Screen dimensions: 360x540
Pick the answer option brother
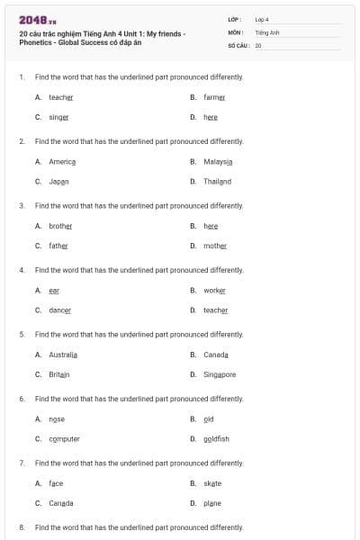tap(60, 226)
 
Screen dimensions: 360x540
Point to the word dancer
tap(59, 310)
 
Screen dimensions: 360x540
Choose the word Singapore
tap(220, 374)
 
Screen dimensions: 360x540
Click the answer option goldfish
tap(216, 438)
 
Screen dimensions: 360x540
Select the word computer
tap(64, 438)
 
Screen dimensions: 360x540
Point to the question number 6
tap(22, 398)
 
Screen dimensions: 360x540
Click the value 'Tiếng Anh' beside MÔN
tap(267, 31)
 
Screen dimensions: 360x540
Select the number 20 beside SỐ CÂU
tap(258, 44)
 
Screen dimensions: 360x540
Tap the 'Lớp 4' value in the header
tap(262, 19)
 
